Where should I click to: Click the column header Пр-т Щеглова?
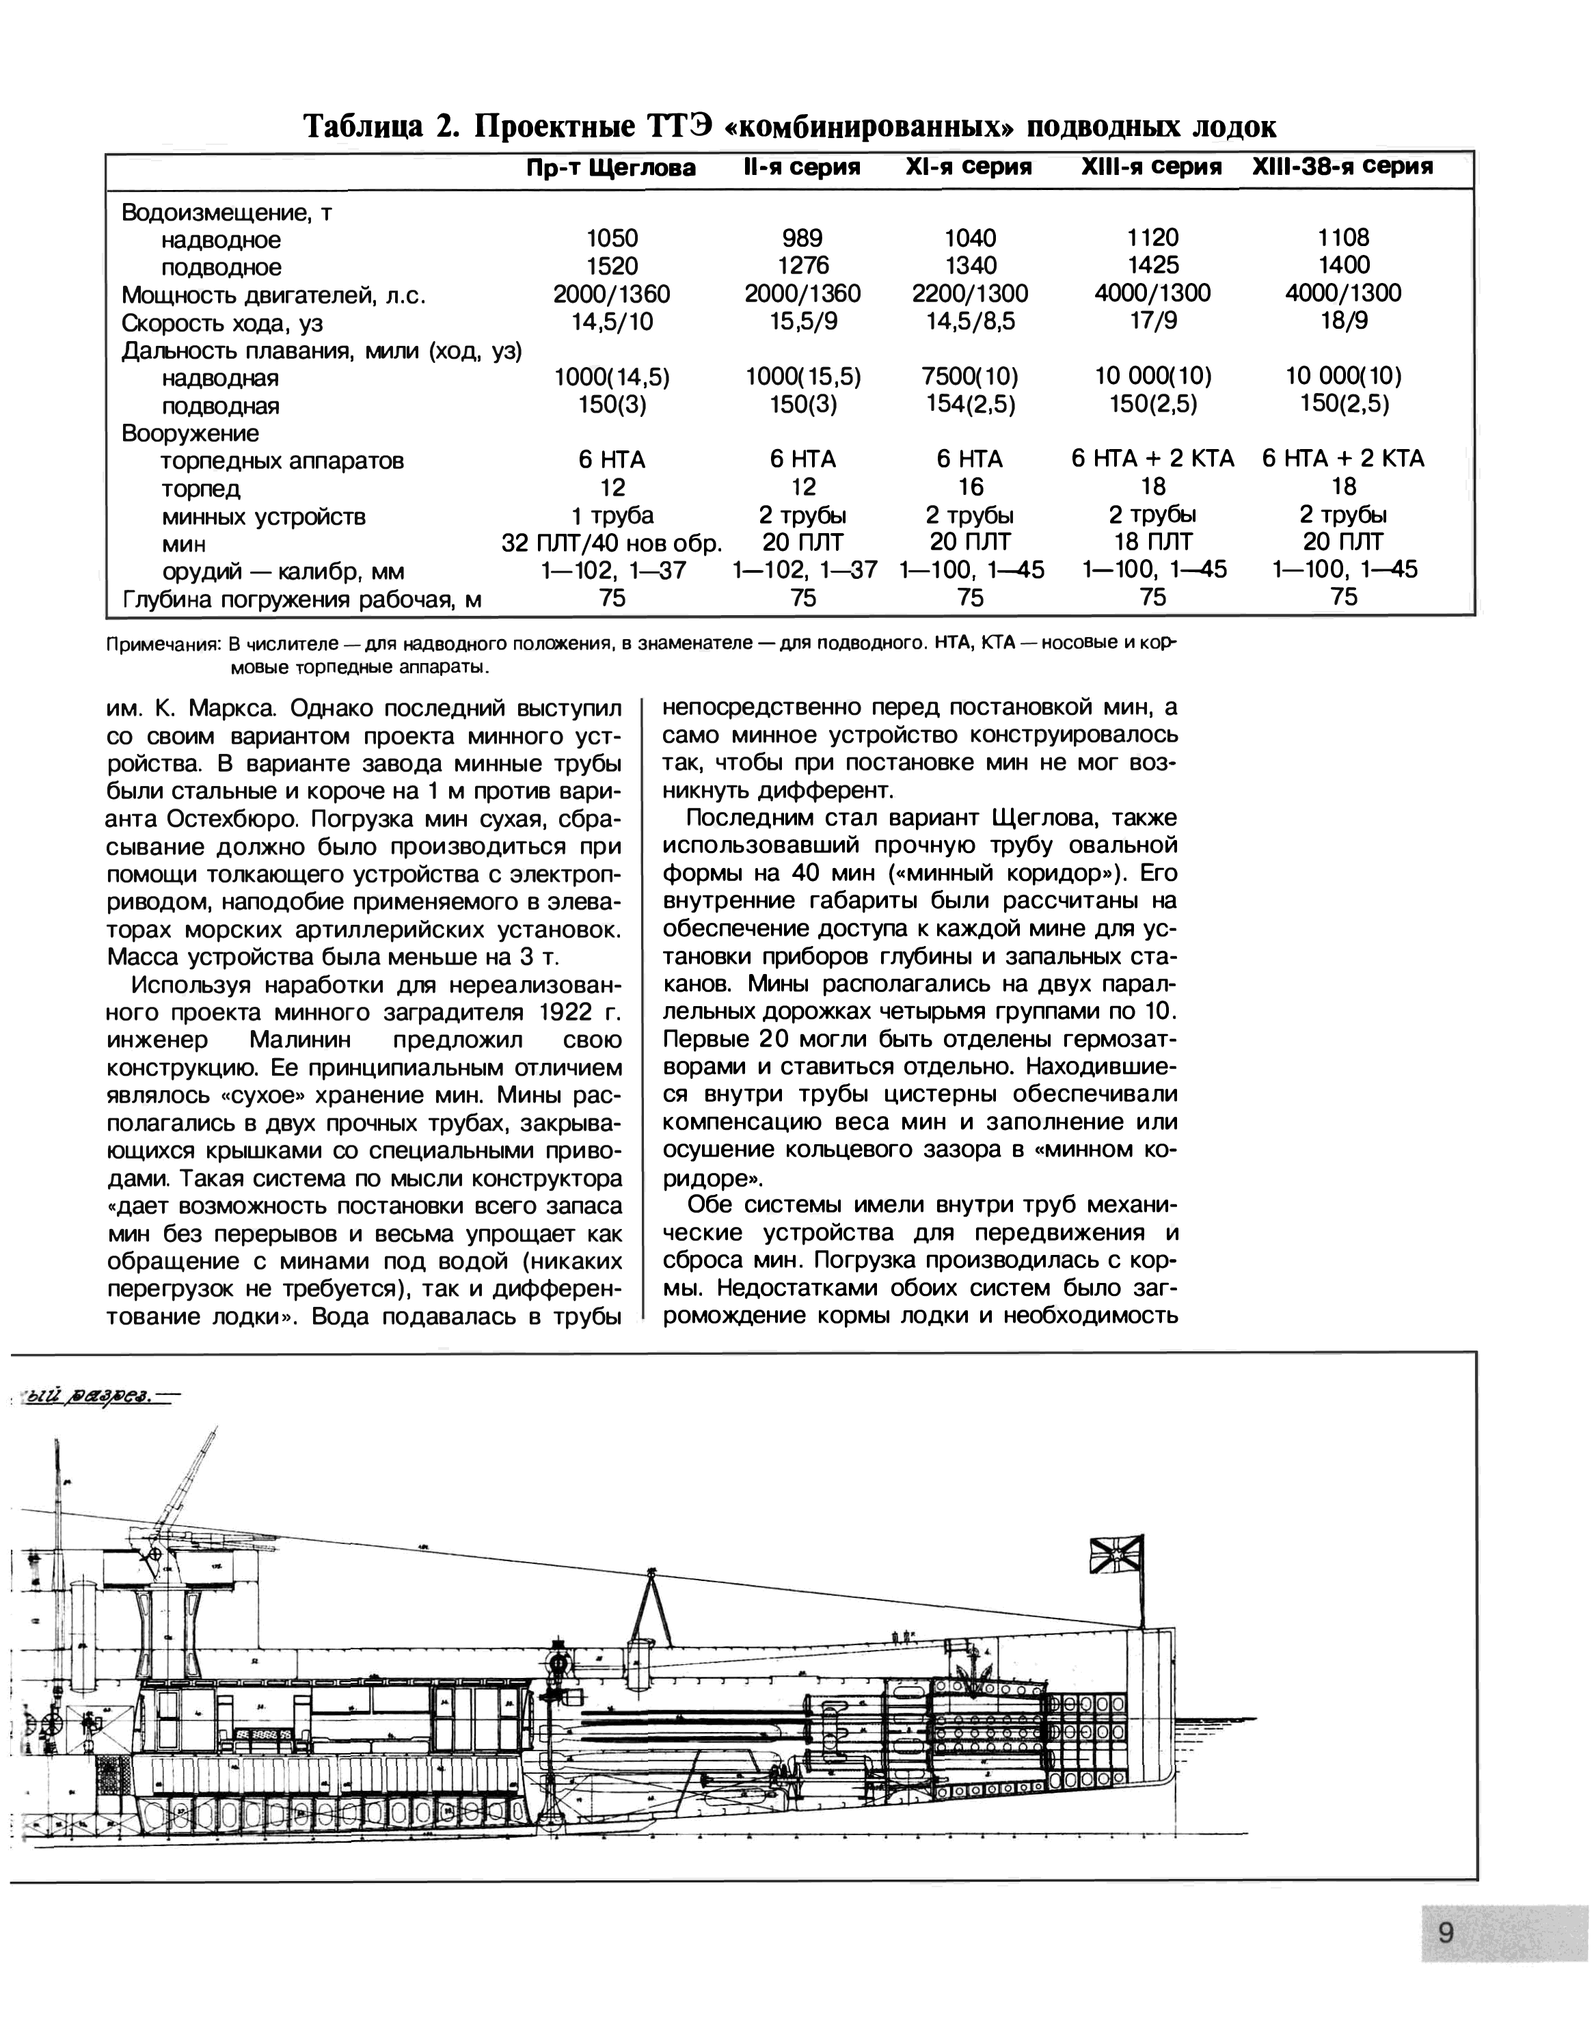[611, 168]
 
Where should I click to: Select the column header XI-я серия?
[969, 167]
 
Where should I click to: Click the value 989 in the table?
[802, 239]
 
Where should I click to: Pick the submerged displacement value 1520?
[612, 267]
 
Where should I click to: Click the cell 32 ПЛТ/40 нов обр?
[612, 543]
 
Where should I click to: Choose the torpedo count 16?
[970, 487]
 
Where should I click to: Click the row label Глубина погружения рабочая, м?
[301, 599]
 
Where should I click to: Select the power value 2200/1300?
[969, 294]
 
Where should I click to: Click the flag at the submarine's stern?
[1117, 1555]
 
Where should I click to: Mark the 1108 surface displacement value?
[1342, 239]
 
